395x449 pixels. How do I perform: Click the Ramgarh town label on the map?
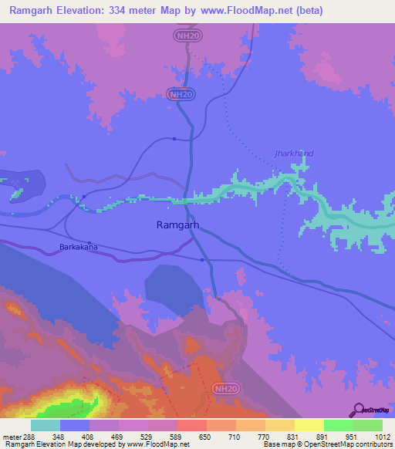178,225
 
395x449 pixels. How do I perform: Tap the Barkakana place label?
79,248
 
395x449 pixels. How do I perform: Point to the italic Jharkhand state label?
295,154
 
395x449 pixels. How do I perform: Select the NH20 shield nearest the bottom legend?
224,390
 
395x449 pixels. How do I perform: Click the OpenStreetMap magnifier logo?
359,410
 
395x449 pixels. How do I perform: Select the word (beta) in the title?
306,11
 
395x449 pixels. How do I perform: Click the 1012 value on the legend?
373,436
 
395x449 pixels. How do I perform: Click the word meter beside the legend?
12,436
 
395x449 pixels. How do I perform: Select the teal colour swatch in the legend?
46,425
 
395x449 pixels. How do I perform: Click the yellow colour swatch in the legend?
309,425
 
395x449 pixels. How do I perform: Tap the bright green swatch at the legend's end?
368,425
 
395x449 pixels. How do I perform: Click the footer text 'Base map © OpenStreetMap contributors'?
326,444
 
